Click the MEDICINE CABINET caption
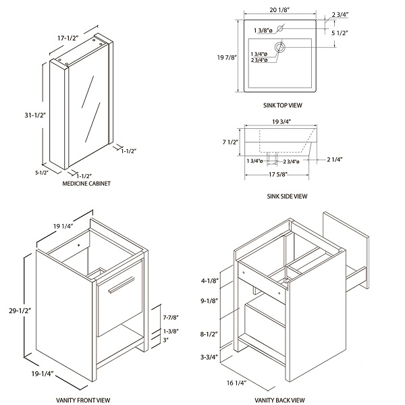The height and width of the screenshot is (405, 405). tap(86, 183)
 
